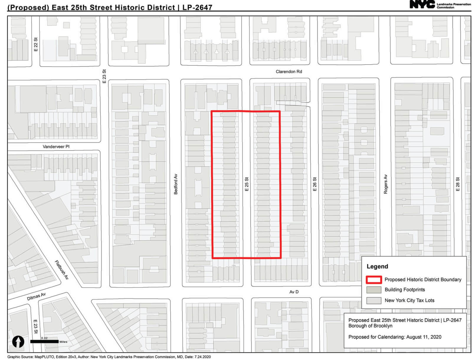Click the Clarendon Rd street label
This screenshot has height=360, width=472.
click(289, 72)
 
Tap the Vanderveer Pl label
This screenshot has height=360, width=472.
click(56, 147)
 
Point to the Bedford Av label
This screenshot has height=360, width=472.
click(176, 184)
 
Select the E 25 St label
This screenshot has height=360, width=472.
click(247, 184)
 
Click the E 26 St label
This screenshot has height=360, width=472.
click(315, 184)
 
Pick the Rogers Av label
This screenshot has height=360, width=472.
click(386, 184)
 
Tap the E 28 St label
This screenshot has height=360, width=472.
click(458, 184)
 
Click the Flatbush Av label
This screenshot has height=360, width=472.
click(62, 270)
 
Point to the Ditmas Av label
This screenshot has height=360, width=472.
click(36, 296)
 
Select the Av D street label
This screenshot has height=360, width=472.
click(294, 292)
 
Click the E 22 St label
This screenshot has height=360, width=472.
click(36, 44)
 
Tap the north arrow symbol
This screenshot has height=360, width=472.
click(18, 342)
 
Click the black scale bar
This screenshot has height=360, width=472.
click(44, 342)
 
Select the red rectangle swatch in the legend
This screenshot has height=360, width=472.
click(374, 280)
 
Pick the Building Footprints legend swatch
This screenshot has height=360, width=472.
click(374, 290)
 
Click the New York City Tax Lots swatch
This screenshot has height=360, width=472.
click(374, 300)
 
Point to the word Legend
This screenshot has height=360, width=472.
click(377, 267)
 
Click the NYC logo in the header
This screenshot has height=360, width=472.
click(422, 4)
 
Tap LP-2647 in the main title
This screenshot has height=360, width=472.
click(197, 7)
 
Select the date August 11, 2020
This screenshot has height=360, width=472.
click(424, 337)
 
